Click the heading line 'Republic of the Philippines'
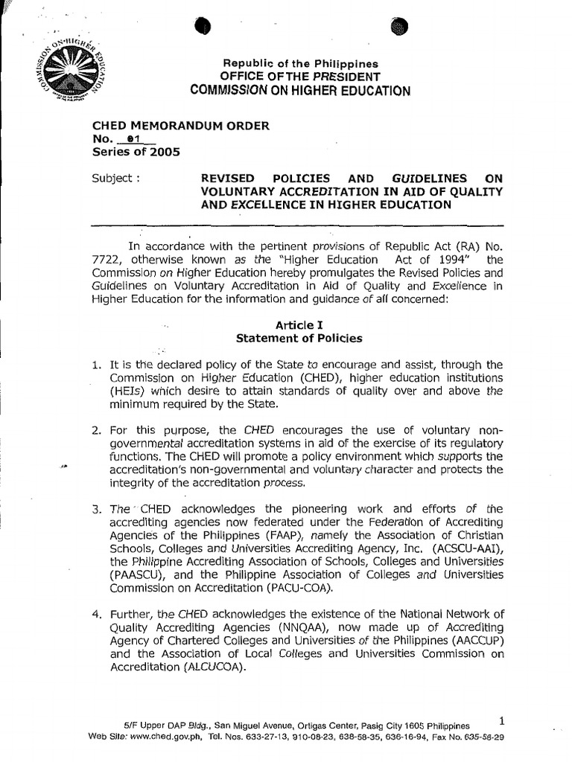296,65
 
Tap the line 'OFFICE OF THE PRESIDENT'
299,77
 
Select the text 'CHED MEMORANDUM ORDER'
179,127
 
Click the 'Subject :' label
115,179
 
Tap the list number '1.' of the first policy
95,365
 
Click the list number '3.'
96,509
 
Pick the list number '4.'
96,614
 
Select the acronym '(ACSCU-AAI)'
461,549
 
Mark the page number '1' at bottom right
500,721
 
